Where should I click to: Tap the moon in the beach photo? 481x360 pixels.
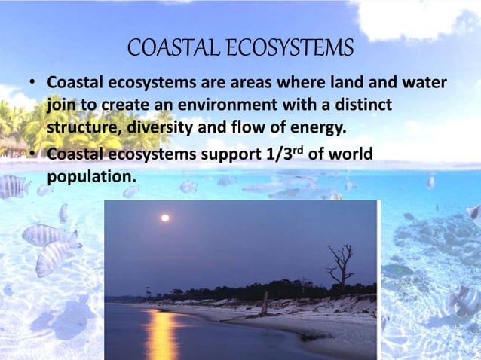pos(164,218)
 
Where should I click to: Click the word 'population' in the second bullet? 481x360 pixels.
pos(90,178)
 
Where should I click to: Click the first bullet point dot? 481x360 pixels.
pos(33,81)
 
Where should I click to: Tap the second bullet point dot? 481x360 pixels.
pos(33,156)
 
